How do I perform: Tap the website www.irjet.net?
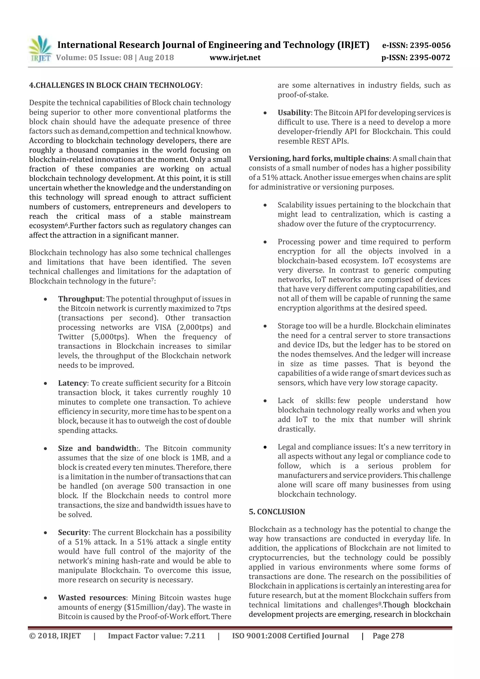[235, 57]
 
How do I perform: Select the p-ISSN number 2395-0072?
[430, 57]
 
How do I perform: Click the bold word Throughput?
[80, 299]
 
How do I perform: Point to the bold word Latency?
[72, 383]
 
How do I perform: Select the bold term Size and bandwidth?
[97, 448]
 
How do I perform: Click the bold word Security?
[73, 533]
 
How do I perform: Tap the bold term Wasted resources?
[92, 598]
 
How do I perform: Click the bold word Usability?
[294, 113]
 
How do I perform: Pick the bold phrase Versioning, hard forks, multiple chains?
[319, 158]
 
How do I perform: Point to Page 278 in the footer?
[388, 636]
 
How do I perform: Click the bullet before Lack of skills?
[265, 401]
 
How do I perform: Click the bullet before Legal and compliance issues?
[265, 447]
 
